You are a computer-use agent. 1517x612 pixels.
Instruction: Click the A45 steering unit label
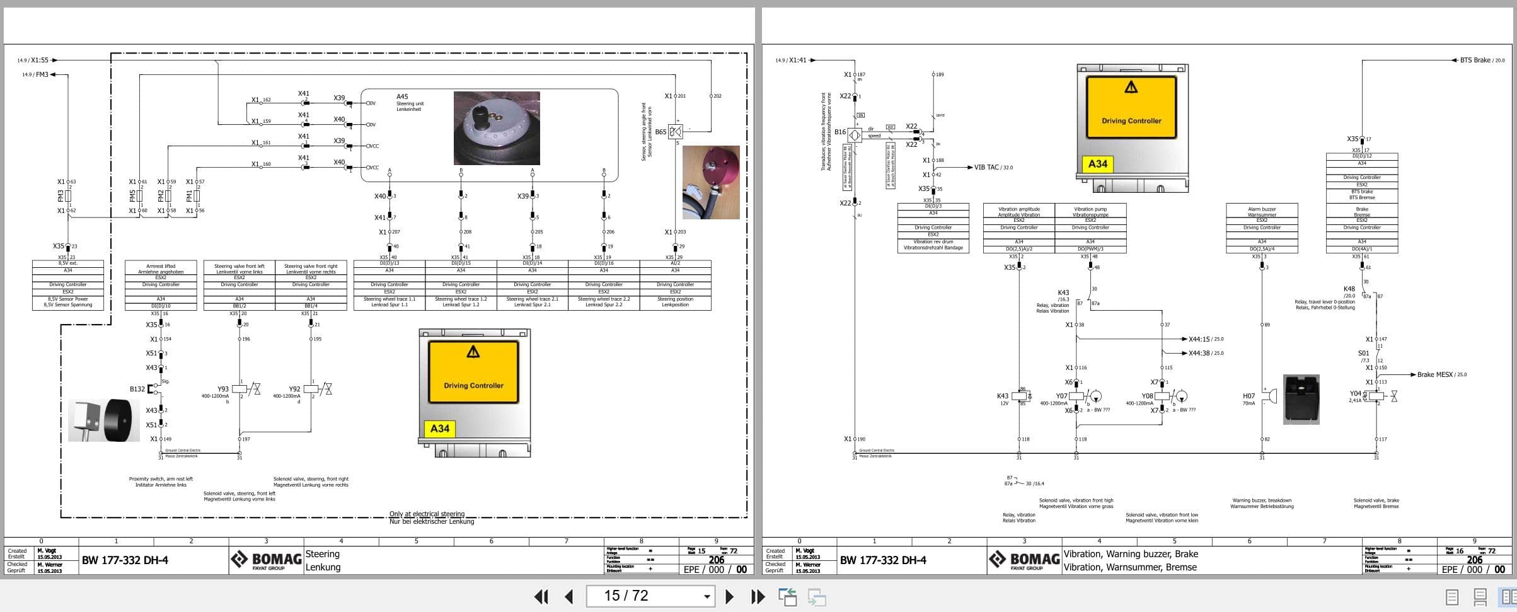[x=402, y=97]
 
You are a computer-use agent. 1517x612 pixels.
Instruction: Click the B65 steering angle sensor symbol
[x=675, y=132]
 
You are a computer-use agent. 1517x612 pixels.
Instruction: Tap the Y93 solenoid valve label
[x=223, y=390]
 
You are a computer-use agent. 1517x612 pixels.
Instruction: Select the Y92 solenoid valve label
[x=294, y=390]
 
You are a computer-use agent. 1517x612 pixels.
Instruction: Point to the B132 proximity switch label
[x=137, y=389]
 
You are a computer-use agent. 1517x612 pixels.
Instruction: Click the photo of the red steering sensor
[x=711, y=183]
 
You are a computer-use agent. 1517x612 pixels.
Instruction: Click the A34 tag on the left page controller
[x=439, y=429]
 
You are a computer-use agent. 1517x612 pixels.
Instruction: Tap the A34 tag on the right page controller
[x=1097, y=164]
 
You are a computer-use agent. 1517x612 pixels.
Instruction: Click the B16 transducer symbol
[x=855, y=135]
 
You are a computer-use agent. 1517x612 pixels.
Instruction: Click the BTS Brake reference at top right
[x=1475, y=61]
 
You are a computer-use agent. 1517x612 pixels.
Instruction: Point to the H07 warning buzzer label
[x=1249, y=396]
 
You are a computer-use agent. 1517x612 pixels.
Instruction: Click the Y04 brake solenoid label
[x=1355, y=394]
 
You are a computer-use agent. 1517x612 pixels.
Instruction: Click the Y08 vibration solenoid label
[x=1147, y=396]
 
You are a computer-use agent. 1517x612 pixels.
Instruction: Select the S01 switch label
[x=1363, y=354]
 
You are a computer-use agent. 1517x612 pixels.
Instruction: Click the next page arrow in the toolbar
[x=729, y=596]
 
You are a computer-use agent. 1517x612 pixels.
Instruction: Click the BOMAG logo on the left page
[x=266, y=560]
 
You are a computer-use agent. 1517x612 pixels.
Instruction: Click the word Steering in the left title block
[x=322, y=554]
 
